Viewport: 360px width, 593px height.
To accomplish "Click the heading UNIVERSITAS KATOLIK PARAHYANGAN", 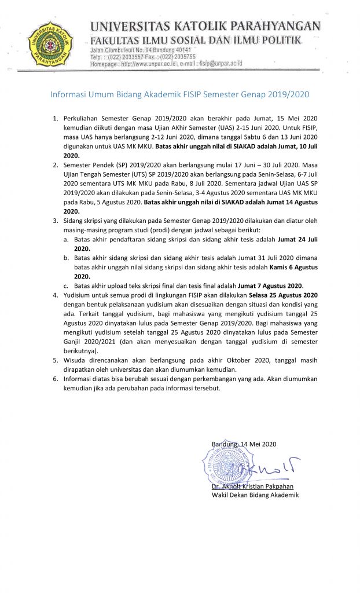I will click(x=204, y=26).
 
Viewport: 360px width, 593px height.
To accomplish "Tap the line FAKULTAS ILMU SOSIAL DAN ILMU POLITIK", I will click(x=195, y=40).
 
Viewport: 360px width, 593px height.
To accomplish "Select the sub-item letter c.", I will click(x=67, y=286).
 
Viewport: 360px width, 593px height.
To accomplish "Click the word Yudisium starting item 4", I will click(x=78, y=295).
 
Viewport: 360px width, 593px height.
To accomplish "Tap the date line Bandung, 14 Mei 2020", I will click(x=244, y=444).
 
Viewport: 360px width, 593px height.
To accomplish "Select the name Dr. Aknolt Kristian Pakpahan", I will click(x=252, y=486).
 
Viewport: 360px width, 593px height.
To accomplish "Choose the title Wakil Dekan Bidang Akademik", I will click(x=255, y=495).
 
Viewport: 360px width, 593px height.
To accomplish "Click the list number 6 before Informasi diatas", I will click(x=56, y=379).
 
